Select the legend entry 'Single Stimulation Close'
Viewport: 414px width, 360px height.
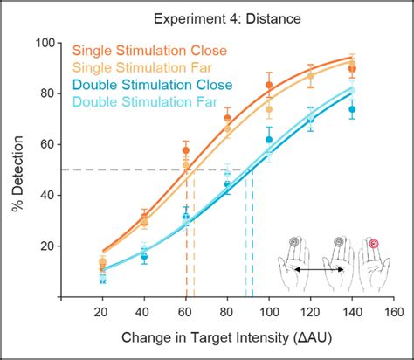click(x=151, y=51)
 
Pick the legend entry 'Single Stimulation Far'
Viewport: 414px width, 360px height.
click(x=144, y=67)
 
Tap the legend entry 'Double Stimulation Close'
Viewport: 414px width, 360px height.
click(x=153, y=85)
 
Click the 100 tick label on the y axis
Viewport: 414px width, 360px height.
click(x=46, y=43)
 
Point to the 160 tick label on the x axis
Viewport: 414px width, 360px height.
click(x=393, y=312)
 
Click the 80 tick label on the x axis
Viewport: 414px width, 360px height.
click(x=227, y=312)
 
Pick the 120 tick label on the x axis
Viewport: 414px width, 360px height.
click(x=310, y=312)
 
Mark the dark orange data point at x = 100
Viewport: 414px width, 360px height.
click(x=269, y=85)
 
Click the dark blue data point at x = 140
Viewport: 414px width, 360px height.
click(x=352, y=110)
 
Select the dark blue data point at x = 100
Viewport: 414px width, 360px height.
click(x=269, y=140)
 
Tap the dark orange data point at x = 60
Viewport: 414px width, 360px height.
click(x=185, y=150)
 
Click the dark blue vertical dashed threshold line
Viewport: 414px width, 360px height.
click(x=252, y=236)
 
